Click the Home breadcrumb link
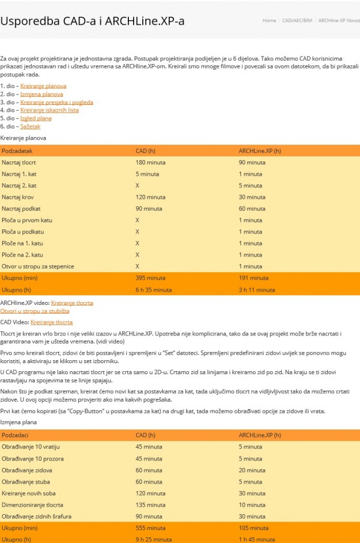[269, 20]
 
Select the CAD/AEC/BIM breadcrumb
[296, 20]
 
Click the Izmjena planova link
[41, 94]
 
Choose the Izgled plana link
[36, 118]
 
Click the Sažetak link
[31, 126]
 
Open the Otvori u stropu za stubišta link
[35, 311]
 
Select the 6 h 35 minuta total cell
[153, 289]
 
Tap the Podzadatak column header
[17, 151]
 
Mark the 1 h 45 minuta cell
[256, 540]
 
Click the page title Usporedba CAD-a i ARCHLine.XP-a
[92, 21]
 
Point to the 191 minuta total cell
[253, 278]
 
